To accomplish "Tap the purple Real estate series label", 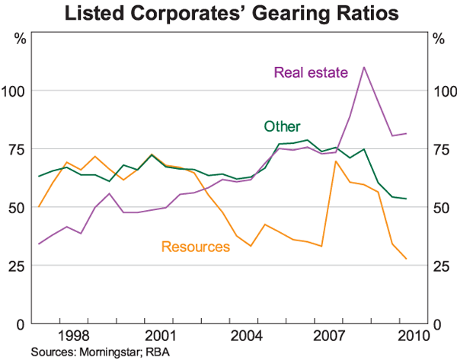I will [x=310, y=73].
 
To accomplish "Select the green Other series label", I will [x=282, y=126].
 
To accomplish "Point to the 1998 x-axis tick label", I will [x=72, y=336].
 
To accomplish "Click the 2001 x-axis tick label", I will [x=158, y=336].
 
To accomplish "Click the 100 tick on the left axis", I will [x=14, y=91].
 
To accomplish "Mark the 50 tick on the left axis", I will [x=18, y=208].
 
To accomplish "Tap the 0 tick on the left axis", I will [x=21, y=324].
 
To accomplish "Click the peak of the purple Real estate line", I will [x=364, y=67].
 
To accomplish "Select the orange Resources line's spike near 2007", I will [x=335, y=161].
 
